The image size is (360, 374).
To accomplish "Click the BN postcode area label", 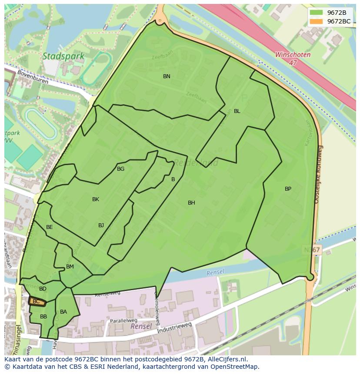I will [x=167, y=76].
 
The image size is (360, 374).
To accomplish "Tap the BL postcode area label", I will [x=237, y=111].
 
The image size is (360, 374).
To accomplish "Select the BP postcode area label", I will [x=288, y=189].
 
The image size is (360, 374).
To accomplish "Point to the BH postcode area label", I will [x=191, y=203].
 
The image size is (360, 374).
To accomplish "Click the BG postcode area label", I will [x=120, y=169].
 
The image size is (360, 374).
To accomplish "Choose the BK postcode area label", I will [x=96, y=199].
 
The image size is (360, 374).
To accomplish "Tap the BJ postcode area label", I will [x=101, y=225].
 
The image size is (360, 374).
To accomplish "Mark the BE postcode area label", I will [x=50, y=227].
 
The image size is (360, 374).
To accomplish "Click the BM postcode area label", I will [x=70, y=267].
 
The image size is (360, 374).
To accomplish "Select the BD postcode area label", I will [x=43, y=289].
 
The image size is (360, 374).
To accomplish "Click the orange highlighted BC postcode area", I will [x=37, y=301].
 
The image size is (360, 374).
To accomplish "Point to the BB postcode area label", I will [x=43, y=317].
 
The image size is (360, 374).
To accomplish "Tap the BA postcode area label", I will [x=63, y=312].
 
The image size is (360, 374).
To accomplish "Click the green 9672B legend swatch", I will [x=316, y=13].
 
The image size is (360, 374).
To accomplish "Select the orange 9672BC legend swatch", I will [x=316, y=21].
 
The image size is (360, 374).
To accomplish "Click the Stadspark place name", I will [x=57, y=56].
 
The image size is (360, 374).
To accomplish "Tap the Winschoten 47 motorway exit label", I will [x=293, y=59].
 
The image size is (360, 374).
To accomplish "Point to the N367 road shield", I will [x=311, y=250].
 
